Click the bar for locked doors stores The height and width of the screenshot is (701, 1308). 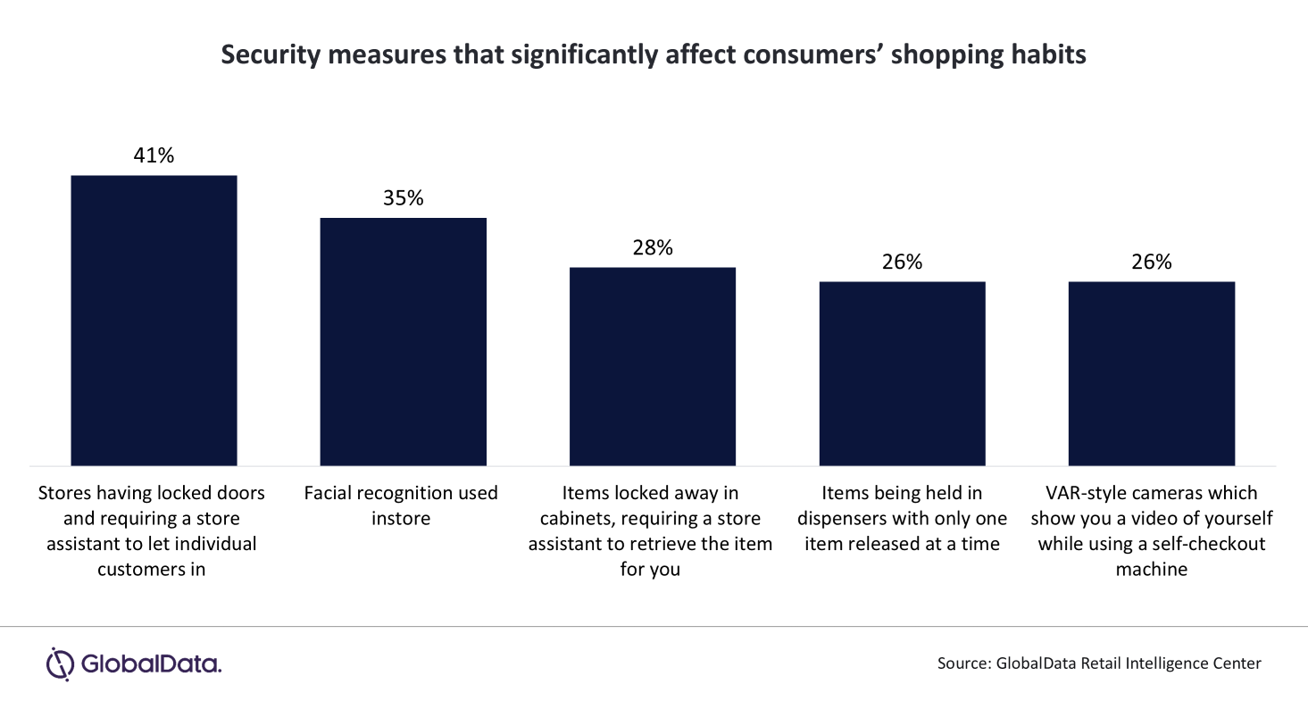tap(154, 320)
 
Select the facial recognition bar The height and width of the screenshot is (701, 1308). tap(403, 341)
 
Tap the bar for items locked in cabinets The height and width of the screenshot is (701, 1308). tap(653, 366)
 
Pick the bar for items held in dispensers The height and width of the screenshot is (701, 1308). tap(902, 373)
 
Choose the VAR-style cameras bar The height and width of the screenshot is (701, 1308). tap(1152, 373)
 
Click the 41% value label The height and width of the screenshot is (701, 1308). tap(154, 155)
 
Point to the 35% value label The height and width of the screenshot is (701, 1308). tap(403, 198)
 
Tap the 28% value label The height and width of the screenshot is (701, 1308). tap(653, 248)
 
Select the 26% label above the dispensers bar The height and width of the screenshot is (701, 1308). tap(902, 263)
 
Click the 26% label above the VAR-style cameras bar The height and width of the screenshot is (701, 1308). tap(1152, 263)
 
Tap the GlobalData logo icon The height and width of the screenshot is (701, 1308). tap(60, 663)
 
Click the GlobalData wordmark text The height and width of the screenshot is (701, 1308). tap(150, 664)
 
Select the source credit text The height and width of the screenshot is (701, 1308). tap(1099, 663)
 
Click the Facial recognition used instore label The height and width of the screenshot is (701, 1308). tap(401, 505)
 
